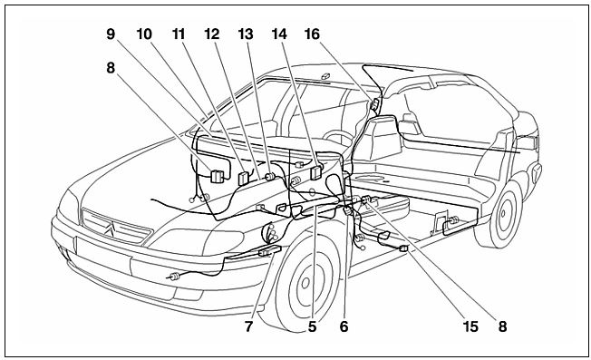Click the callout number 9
[x=111, y=34]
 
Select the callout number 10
[x=144, y=34]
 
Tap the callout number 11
[x=179, y=34]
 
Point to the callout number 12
[x=212, y=34]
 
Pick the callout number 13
[x=246, y=34]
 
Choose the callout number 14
[x=279, y=34]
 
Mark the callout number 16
[x=312, y=34]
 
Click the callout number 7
[x=248, y=326]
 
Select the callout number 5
[x=312, y=326]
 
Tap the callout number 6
[x=344, y=326]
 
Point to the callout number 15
[x=470, y=326]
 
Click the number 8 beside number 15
[x=502, y=326]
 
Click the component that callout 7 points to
[x=270, y=250]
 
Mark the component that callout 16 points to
[x=375, y=103]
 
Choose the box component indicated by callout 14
[x=315, y=171]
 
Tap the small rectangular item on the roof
[x=325, y=76]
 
